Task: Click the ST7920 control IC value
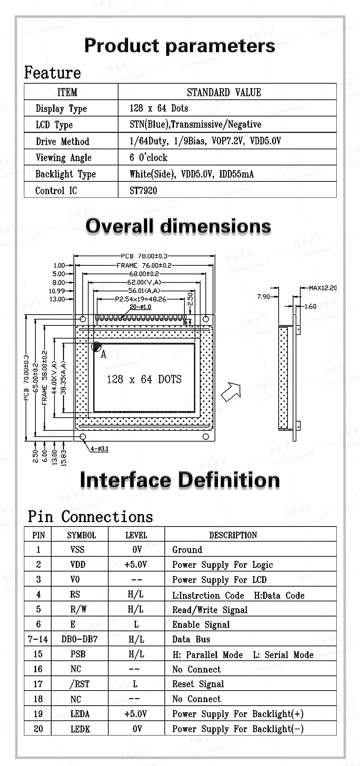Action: click(x=143, y=191)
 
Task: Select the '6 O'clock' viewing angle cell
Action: click(x=148, y=157)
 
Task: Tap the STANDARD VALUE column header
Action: click(x=224, y=93)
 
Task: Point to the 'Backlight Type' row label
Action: click(x=66, y=174)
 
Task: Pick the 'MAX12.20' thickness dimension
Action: click(x=323, y=288)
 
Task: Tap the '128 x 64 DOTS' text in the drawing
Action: click(x=144, y=379)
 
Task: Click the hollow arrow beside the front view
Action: click(x=231, y=391)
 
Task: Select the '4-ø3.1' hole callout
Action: click(x=99, y=448)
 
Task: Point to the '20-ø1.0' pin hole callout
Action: click(x=140, y=307)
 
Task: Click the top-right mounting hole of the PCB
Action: click(x=206, y=319)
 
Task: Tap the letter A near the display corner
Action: click(x=103, y=354)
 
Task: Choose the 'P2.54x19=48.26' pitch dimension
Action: click(x=140, y=299)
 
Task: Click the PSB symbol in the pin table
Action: click(x=78, y=654)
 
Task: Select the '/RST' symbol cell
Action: click(x=80, y=684)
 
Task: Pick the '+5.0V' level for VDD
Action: click(x=136, y=564)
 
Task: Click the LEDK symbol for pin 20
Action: click(x=80, y=729)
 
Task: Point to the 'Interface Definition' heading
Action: click(x=180, y=480)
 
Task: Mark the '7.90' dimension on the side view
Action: click(x=264, y=297)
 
